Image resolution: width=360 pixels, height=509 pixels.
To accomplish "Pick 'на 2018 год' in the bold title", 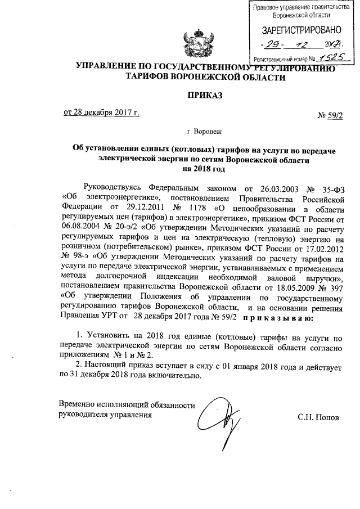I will (x=203, y=168).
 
